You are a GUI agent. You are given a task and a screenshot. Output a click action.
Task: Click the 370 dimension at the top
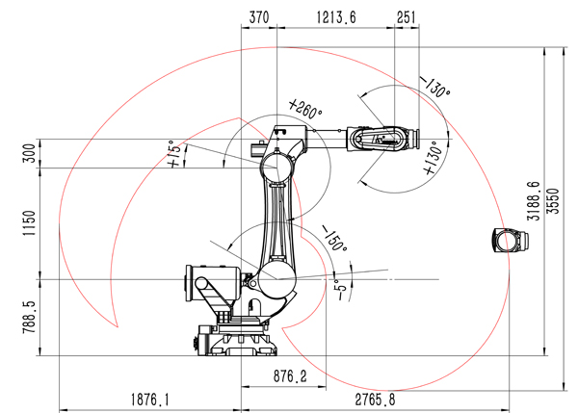click(x=259, y=17)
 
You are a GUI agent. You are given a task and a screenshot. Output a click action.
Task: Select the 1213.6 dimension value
click(x=336, y=17)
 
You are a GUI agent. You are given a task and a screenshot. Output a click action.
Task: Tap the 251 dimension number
click(x=407, y=17)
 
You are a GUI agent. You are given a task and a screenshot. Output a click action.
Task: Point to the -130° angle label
click(x=435, y=87)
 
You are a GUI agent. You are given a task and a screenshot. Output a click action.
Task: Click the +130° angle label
click(x=433, y=158)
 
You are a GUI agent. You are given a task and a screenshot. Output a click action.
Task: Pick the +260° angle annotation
click(x=305, y=109)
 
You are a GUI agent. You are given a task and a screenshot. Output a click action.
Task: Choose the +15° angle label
click(x=174, y=154)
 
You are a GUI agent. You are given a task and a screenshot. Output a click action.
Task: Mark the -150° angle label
click(x=334, y=239)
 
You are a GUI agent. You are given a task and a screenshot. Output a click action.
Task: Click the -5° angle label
click(x=342, y=290)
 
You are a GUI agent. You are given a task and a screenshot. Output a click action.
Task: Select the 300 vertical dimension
click(x=30, y=153)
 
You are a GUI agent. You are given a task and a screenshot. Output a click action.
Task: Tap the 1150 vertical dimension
click(x=30, y=223)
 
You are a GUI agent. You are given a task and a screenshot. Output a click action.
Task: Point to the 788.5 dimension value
click(x=30, y=317)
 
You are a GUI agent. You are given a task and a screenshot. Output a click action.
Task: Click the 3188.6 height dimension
click(x=534, y=201)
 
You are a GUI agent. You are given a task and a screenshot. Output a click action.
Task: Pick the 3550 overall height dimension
click(x=553, y=201)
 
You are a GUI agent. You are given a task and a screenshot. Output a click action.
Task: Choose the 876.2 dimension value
click(x=290, y=376)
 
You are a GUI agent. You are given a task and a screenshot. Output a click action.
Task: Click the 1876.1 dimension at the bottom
click(x=150, y=400)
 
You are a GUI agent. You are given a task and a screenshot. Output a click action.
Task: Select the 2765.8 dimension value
click(x=376, y=400)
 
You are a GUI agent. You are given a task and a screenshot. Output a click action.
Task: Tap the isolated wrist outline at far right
click(x=511, y=241)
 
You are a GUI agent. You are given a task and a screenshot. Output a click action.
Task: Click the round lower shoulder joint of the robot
click(x=276, y=279)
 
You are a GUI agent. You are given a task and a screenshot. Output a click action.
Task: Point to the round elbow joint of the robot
click(x=277, y=168)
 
